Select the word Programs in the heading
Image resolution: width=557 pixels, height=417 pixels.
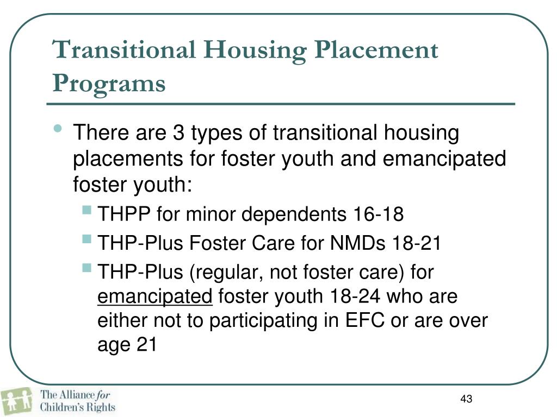(109, 84)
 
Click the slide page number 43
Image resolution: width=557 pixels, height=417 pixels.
(466, 400)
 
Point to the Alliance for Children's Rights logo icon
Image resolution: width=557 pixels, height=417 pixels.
(18, 400)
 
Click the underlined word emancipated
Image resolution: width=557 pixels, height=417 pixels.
(154, 297)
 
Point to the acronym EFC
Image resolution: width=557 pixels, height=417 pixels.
(364, 321)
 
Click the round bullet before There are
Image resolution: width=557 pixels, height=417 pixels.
(58, 130)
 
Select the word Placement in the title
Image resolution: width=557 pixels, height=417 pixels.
(375, 50)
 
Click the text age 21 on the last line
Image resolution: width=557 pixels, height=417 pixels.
(127, 345)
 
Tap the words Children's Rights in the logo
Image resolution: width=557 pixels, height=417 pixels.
(78, 406)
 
